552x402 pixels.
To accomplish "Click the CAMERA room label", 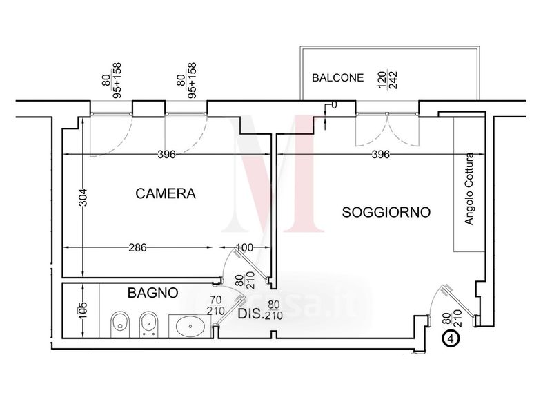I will coord(166,194).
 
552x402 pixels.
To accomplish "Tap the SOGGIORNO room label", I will coord(386,212).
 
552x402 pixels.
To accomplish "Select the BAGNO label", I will coord(153,293).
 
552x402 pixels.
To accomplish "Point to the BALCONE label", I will coord(337,77).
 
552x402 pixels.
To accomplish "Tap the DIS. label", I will coord(252,314).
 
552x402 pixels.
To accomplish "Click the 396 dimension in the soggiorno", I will coord(380,154).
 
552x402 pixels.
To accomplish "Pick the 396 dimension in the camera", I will coord(166,154).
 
